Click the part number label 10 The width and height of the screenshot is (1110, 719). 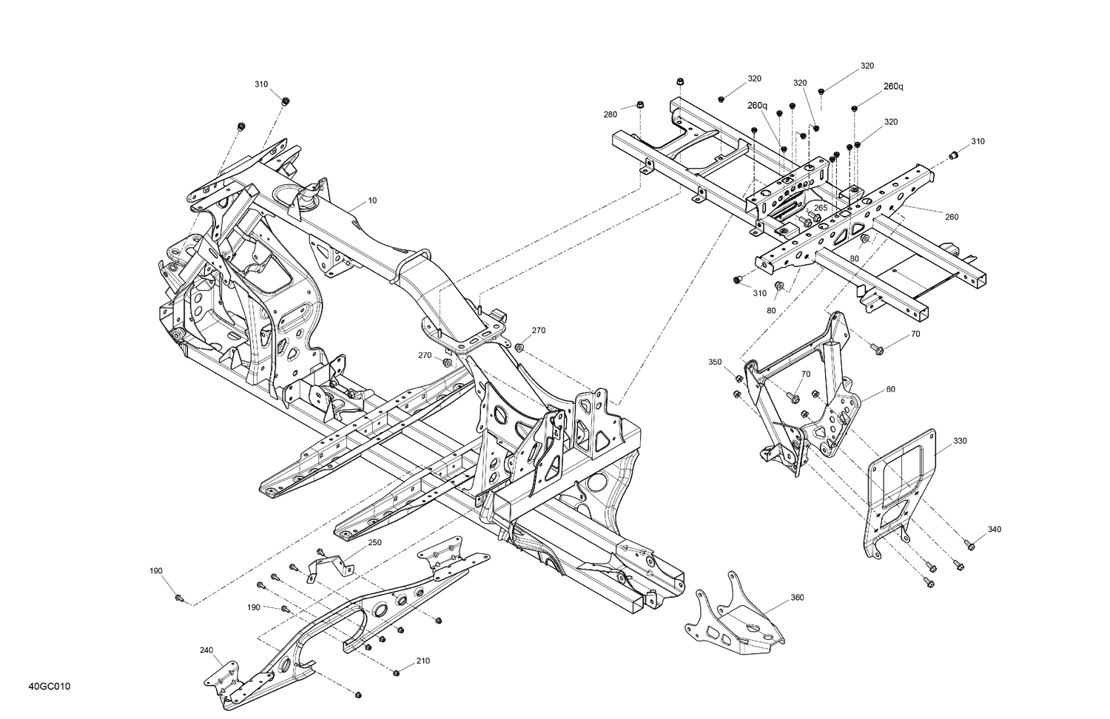point(372,200)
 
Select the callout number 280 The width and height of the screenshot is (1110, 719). point(610,115)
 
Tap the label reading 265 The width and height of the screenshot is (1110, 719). point(821,208)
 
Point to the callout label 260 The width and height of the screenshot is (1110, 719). point(952,217)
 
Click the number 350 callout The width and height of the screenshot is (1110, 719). point(714,362)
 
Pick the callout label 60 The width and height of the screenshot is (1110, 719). point(890,389)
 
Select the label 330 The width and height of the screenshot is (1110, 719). point(959,441)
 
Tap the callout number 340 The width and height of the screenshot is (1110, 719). point(995,529)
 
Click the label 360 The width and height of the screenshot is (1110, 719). point(797,597)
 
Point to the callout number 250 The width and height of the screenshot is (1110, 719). point(375,542)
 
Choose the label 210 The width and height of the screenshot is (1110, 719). point(423,661)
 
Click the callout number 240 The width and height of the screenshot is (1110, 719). point(206,650)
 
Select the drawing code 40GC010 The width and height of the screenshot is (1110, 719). point(50,687)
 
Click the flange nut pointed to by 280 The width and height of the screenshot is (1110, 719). point(640,104)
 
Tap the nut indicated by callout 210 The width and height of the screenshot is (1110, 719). point(397,672)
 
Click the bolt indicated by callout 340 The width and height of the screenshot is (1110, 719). point(972,546)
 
